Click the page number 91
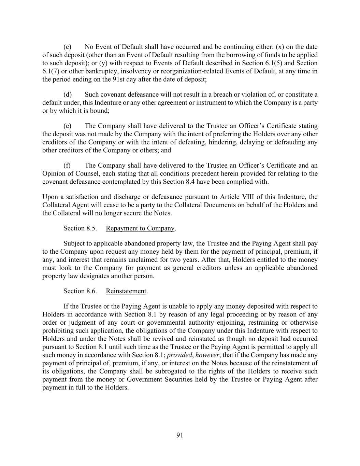[x=180, y=435]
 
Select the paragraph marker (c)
[x=67, y=47]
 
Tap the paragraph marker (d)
[x=67, y=94]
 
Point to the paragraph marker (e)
[x=67, y=126]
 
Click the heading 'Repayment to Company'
[x=140, y=228]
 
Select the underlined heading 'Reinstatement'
[x=126, y=291]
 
